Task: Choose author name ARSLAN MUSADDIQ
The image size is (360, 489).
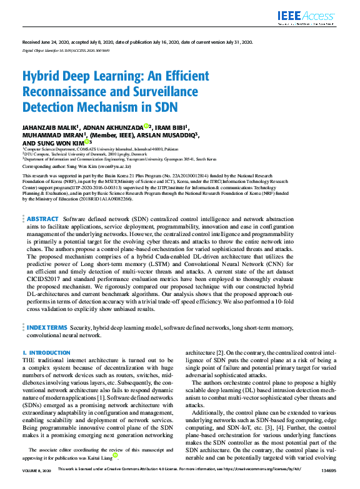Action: pos(168,134)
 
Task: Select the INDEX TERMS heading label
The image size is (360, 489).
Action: pos(47,327)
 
